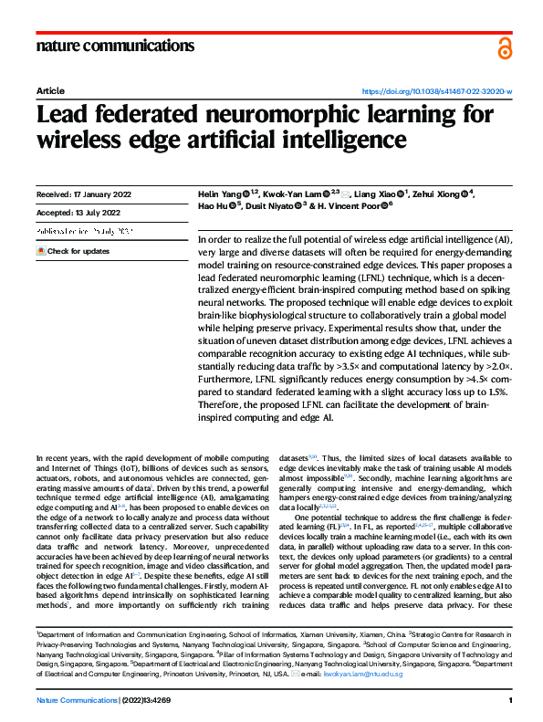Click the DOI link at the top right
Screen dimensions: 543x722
[x=438, y=92]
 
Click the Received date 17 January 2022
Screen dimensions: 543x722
[x=82, y=195]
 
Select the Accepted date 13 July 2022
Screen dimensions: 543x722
[x=78, y=214]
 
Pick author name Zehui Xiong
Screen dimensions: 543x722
[x=438, y=195]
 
